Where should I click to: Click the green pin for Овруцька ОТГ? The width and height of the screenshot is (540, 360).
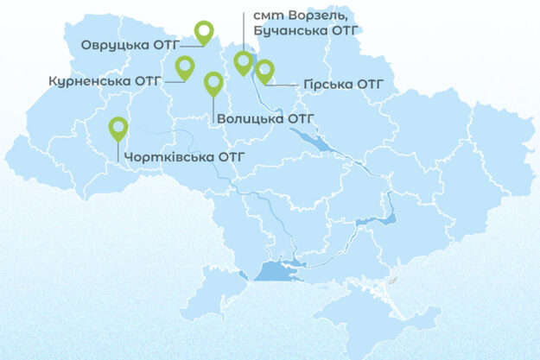click(x=204, y=32)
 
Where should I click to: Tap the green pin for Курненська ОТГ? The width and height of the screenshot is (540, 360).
click(x=185, y=66)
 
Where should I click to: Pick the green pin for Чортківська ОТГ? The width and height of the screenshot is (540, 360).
click(x=118, y=128)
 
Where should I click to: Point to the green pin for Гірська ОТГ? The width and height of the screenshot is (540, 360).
click(x=264, y=70)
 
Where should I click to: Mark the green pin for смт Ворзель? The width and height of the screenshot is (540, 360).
click(x=244, y=61)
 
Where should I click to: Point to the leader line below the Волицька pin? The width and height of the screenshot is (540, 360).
click(x=213, y=107)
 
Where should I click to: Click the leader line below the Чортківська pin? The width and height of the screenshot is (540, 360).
click(x=118, y=150)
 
